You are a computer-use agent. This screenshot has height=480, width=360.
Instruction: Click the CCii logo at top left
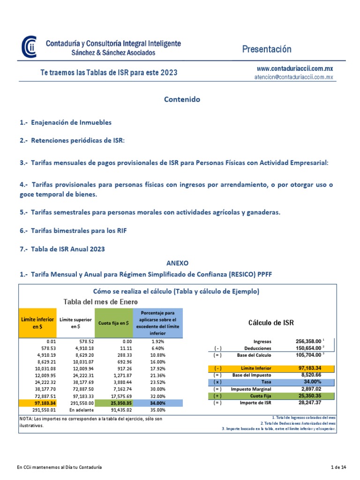pos(29,47)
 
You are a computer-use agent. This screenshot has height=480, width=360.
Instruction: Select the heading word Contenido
pos(182,99)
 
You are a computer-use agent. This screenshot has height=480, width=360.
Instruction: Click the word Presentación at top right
pos(267,49)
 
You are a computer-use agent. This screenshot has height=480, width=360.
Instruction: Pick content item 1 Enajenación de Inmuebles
pos(66,122)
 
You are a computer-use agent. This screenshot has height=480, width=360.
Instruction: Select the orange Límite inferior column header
pos(37,322)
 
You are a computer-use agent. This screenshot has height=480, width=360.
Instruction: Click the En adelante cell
pos(76,410)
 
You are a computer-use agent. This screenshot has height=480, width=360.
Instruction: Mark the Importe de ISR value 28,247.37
pos(313,403)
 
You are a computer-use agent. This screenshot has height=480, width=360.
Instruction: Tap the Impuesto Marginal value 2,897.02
pos(313,389)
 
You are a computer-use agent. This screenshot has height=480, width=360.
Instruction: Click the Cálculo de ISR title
pos(270,322)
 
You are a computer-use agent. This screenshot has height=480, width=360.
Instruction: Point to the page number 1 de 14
pos(338,467)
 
